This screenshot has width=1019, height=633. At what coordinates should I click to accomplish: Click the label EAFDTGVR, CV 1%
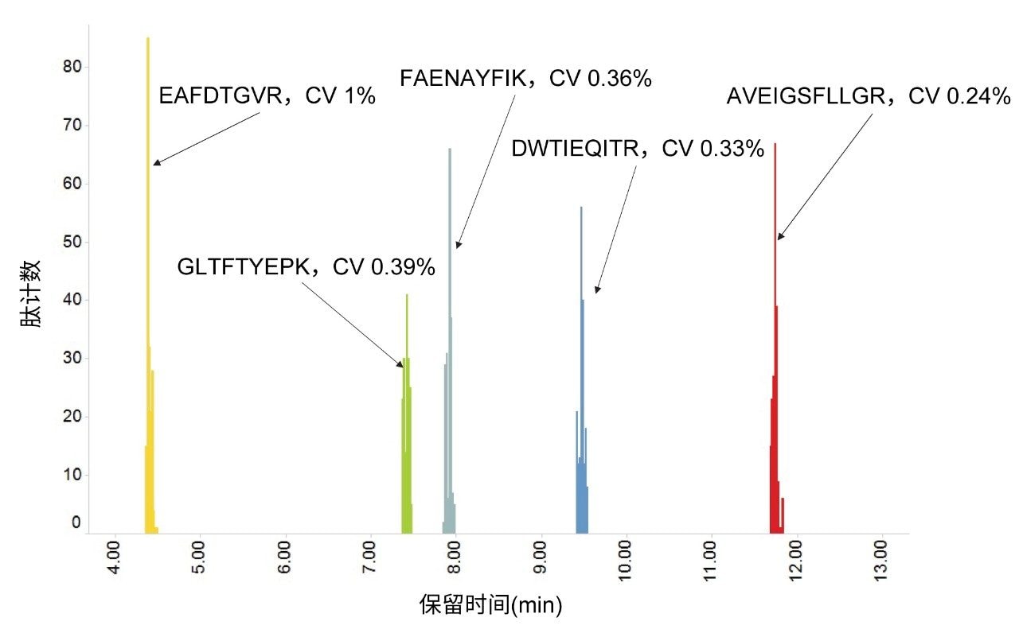(267, 96)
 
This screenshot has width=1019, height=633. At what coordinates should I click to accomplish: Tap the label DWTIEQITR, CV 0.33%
(638, 149)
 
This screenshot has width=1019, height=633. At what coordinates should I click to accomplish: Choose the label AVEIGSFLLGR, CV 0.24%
(868, 96)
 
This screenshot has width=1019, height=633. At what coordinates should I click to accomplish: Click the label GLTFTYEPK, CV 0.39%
(306, 267)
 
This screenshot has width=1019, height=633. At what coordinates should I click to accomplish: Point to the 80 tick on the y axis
(72, 67)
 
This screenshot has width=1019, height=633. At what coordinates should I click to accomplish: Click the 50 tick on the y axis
(72, 242)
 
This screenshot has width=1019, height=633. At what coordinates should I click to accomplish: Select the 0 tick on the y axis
(76, 522)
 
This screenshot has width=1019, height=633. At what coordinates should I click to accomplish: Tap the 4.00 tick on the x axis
(114, 561)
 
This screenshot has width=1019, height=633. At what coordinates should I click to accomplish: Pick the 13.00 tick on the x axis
(881, 561)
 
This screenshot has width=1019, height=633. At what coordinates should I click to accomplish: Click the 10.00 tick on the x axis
(626, 561)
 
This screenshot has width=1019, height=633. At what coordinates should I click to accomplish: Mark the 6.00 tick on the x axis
(284, 561)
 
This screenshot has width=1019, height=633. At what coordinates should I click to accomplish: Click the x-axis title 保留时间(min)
(490, 606)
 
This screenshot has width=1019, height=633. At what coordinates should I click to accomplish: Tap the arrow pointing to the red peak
(824, 177)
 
